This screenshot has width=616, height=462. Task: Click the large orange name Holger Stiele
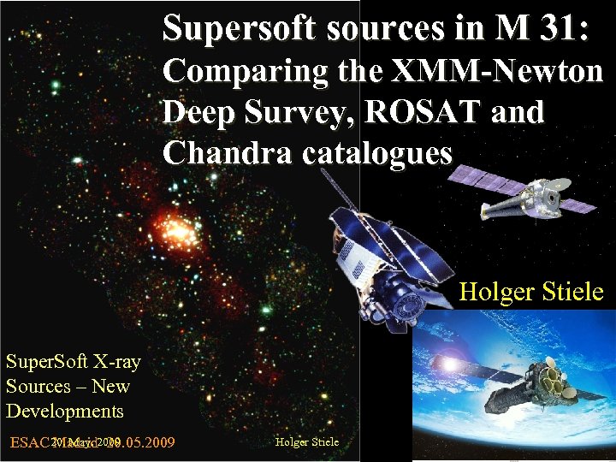[x=531, y=293]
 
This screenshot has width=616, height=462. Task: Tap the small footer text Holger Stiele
[x=307, y=442]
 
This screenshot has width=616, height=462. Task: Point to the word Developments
[x=65, y=411]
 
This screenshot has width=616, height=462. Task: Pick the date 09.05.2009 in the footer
[x=137, y=442]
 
